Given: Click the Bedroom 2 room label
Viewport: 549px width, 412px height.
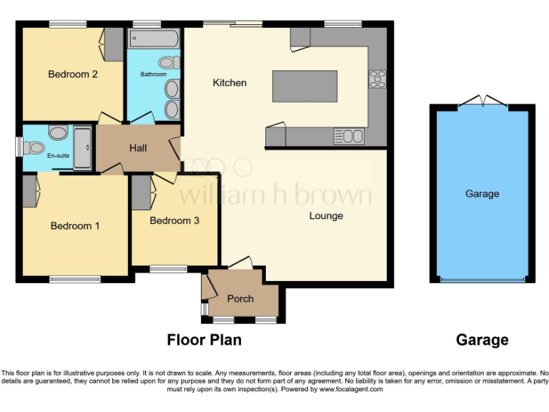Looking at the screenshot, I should [73, 74].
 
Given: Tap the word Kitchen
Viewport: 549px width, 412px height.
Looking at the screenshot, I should [229, 83].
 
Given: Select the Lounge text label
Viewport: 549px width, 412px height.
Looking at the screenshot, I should [326, 216].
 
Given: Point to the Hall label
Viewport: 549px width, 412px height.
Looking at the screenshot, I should [138, 148].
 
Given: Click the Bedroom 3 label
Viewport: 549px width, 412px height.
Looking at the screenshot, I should [174, 220].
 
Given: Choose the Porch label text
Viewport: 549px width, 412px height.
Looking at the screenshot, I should [240, 298].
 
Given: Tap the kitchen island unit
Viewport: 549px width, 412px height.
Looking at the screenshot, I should [305, 86].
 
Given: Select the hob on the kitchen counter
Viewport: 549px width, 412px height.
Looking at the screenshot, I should [377, 79].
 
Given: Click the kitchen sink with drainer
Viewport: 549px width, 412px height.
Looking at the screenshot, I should [348, 135].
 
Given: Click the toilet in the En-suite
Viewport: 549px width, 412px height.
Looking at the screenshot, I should [34, 147].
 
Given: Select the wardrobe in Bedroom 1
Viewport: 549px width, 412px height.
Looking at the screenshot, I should [29, 192].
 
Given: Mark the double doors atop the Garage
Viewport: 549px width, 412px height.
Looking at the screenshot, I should [483, 102].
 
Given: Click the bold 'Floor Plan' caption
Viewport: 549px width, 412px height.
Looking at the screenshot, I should [204, 340].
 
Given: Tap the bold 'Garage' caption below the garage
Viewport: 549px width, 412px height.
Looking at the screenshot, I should [482, 340].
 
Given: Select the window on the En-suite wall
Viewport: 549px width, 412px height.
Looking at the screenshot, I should [18, 145].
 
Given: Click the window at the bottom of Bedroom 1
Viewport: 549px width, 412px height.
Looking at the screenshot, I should [74, 279].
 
